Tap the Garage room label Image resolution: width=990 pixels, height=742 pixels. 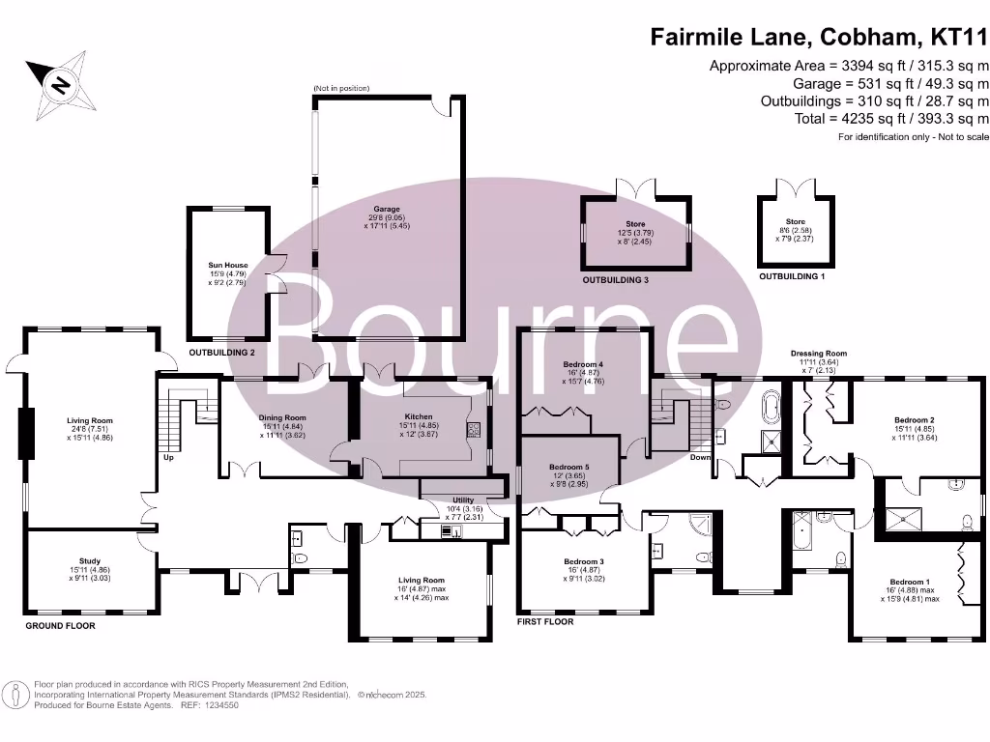(387, 209)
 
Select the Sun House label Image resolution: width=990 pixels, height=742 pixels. (228, 265)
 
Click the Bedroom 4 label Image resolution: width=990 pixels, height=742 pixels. (583, 365)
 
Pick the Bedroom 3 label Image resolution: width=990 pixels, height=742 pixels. (584, 560)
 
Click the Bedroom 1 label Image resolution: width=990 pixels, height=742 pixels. (910, 582)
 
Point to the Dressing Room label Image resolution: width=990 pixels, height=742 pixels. (818, 354)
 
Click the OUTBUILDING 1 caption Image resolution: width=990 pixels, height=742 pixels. (792, 276)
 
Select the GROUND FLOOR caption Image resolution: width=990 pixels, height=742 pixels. (61, 626)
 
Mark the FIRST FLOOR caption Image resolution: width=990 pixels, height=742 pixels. (544, 622)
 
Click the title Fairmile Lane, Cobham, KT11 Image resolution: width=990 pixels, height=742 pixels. (818, 38)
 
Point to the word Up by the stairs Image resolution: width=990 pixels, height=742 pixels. (169, 457)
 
